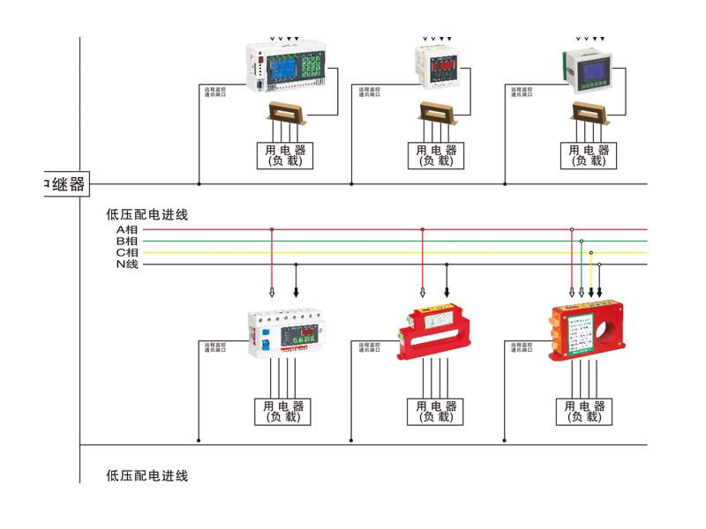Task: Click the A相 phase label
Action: pyautogui.click(x=127, y=229)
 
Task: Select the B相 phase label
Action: pyautogui.click(x=127, y=241)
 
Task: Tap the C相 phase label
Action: pyautogui.click(x=127, y=252)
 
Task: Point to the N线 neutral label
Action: pyautogui.click(x=127, y=264)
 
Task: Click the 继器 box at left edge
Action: pyautogui.click(x=65, y=184)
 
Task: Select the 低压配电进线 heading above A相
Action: pyautogui.click(x=146, y=214)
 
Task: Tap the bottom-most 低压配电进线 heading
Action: pyautogui.click(x=146, y=476)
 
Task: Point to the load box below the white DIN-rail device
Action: pyautogui.click(x=282, y=412)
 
